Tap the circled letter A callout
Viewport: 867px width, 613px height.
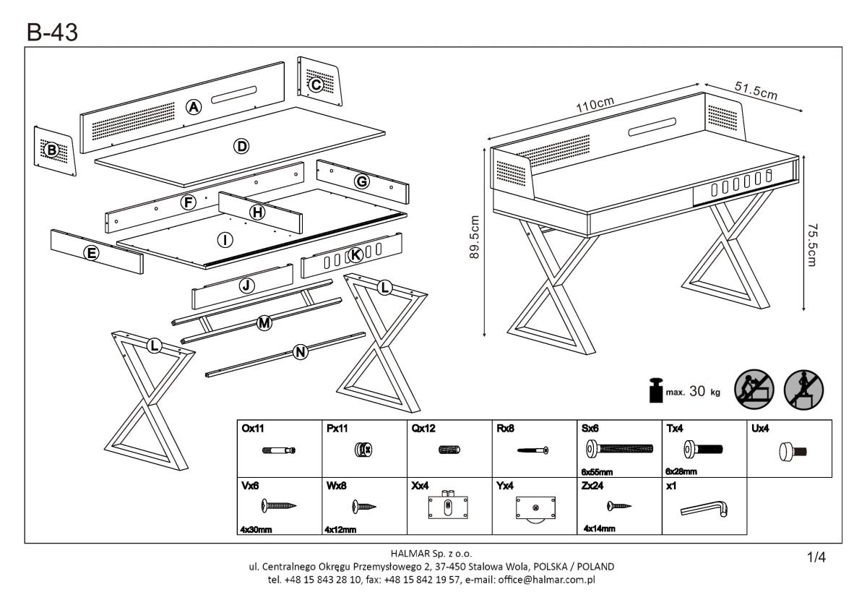click(x=193, y=108)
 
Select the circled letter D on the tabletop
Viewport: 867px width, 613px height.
click(x=241, y=147)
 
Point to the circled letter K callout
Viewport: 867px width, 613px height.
click(x=355, y=254)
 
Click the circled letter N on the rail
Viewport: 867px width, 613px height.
click(x=301, y=352)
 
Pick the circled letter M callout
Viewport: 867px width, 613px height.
click(x=264, y=323)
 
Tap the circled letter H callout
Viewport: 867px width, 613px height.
click(x=256, y=213)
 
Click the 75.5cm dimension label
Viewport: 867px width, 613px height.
click(x=812, y=243)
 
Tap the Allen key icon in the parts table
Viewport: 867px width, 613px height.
click(x=704, y=510)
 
